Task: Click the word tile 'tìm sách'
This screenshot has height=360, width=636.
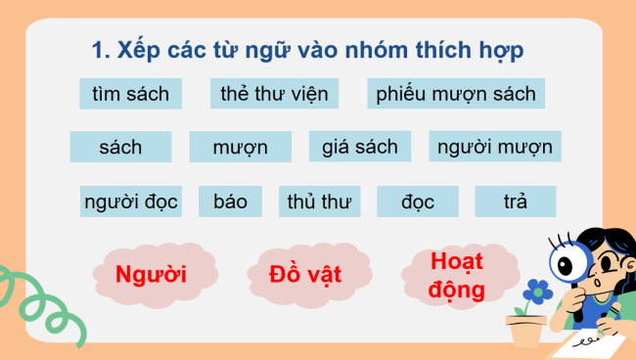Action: [x=131, y=94]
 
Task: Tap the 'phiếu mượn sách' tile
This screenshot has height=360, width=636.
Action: [x=456, y=94]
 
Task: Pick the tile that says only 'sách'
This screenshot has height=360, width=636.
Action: [x=120, y=147]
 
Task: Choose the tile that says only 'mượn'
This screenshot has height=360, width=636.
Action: [x=241, y=148]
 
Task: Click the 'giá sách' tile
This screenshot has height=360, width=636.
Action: [x=360, y=147]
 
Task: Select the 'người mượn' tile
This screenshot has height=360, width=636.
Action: [x=494, y=147]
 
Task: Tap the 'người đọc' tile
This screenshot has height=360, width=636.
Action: [x=130, y=202]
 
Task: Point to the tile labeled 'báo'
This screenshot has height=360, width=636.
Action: [x=230, y=202]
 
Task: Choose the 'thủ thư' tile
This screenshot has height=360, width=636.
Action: [x=319, y=202]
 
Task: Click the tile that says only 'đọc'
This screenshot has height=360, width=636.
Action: [x=417, y=202]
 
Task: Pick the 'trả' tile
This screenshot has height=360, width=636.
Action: [x=515, y=202]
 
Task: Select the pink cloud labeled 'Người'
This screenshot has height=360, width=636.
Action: [x=151, y=273]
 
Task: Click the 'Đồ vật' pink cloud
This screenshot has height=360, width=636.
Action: [x=305, y=273]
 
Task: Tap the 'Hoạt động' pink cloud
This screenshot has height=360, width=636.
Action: [x=457, y=275]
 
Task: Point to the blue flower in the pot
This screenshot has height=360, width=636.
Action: [x=536, y=291]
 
